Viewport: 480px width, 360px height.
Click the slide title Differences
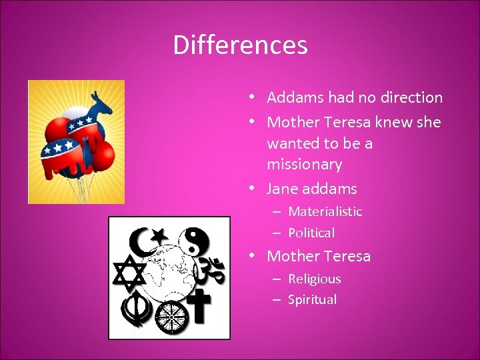(240, 45)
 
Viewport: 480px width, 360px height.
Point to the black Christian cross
(202, 306)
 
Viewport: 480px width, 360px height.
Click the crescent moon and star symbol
(146, 237)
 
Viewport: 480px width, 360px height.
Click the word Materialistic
(325, 211)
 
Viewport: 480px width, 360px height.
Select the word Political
(311, 233)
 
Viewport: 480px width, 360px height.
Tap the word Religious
(314, 279)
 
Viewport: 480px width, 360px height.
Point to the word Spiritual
(312, 299)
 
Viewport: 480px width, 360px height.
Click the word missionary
(304, 164)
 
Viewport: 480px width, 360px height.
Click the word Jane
(282, 189)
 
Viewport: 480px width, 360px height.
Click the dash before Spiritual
(276, 299)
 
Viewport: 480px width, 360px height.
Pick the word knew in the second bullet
(374, 122)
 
